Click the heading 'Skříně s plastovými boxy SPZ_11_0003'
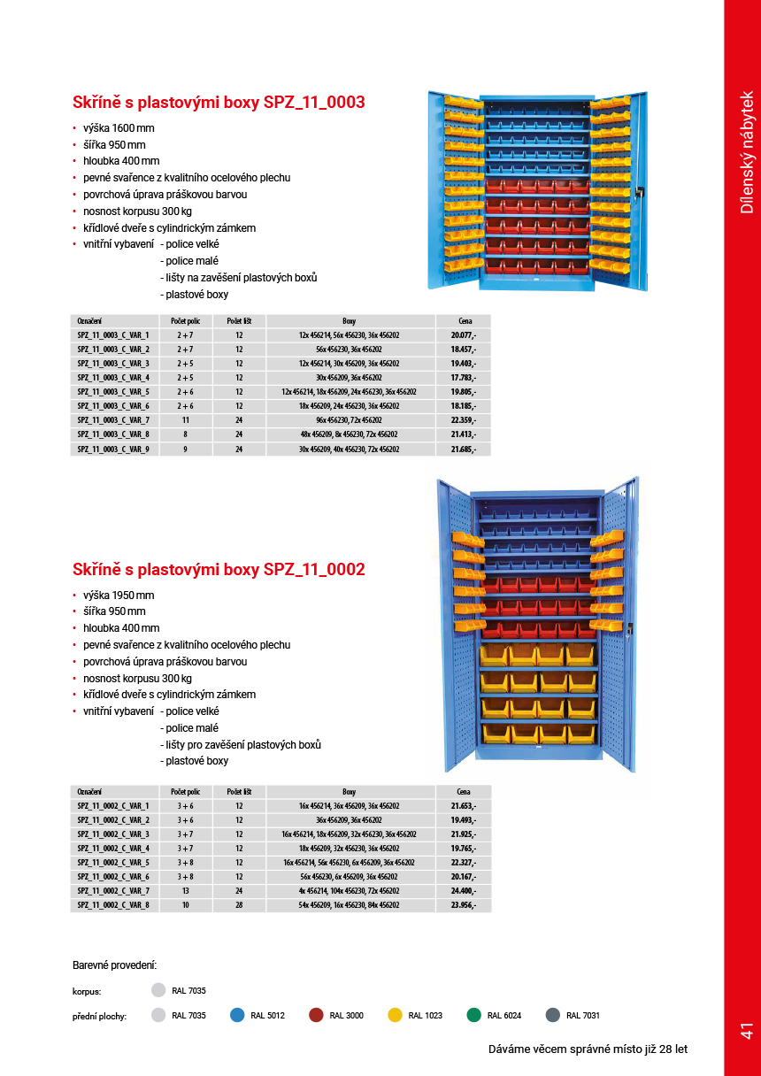coord(219,103)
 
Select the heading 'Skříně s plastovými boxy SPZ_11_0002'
coord(219,569)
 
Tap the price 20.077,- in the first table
coord(463,335)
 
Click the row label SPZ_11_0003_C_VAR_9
coord(113,450)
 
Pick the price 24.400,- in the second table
coord(463,891)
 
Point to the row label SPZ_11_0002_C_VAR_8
coord(113,905)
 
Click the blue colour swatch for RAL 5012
coord(237,1015)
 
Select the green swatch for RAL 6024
coord(474,1015)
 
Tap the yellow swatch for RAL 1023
coord(396,1015)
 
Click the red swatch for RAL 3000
coord(316,1015)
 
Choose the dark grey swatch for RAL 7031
coord(553,1015)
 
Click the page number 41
coord(746,1031)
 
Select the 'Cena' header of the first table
coord(464,321)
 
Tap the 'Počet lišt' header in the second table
coord(239,792)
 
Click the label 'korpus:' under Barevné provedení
coord(87,992)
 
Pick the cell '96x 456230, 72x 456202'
coord(349,420)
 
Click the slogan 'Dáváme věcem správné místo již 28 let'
coord(588,1049)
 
